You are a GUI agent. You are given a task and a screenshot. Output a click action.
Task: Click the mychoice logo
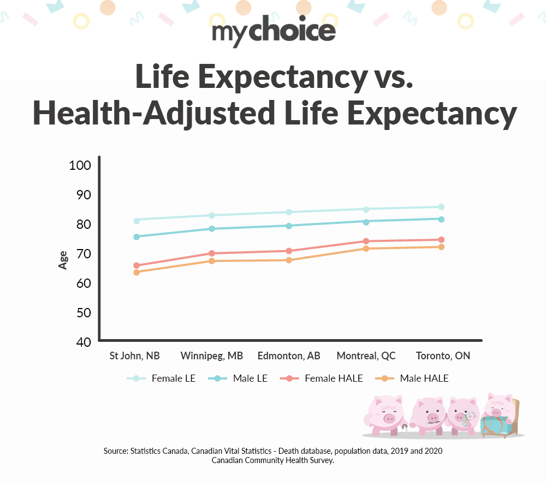274,32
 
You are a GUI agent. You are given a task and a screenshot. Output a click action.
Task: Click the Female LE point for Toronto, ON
441,207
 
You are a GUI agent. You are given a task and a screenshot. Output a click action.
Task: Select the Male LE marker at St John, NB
136,237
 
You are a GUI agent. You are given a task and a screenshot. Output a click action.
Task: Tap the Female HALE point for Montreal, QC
366,241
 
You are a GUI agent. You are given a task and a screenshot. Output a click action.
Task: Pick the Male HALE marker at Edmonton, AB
289,260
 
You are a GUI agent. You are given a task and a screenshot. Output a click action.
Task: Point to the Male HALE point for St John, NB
136,272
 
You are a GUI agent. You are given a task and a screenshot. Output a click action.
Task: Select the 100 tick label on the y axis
80,165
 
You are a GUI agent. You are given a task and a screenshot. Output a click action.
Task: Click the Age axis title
63,259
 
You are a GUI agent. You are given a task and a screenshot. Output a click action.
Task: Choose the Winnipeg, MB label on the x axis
212,356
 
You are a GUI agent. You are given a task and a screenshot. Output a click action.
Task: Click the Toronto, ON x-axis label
443,356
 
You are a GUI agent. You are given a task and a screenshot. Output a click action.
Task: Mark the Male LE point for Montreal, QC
366,222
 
